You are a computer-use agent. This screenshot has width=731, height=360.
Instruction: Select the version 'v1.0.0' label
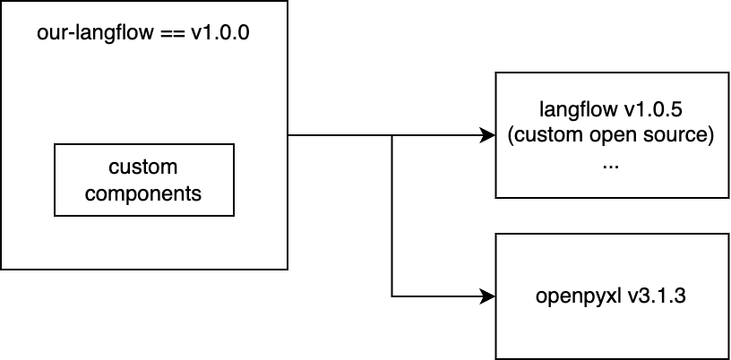[x=220, y=33]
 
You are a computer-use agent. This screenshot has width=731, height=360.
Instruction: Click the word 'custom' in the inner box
[x=143, y=167]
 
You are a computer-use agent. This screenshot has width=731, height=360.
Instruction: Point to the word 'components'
[x=143, y=193]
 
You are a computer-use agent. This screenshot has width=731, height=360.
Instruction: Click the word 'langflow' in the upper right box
[x=576, y=110]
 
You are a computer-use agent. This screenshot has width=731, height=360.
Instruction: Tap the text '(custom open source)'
[x=611, y=136]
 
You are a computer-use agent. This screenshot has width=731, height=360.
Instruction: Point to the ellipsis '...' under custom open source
[x=611, y=167]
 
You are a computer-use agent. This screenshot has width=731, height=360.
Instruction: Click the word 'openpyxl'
[x=579, y=296]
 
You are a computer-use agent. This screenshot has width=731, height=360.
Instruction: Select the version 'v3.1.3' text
[x=658, y=296]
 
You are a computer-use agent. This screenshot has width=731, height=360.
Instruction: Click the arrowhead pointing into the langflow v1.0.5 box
[x=488, y=136]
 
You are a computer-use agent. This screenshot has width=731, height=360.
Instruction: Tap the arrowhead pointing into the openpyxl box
[x=488, y=296]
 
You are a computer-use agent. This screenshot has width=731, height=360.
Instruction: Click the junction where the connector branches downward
[x=391, y=136]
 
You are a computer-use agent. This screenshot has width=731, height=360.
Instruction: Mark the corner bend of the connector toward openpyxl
[x=391, y=296]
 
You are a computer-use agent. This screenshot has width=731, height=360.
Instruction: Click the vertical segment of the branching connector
[x=391, y=216]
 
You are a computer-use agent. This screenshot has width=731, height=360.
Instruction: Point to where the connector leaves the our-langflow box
[x=288, y=136]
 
